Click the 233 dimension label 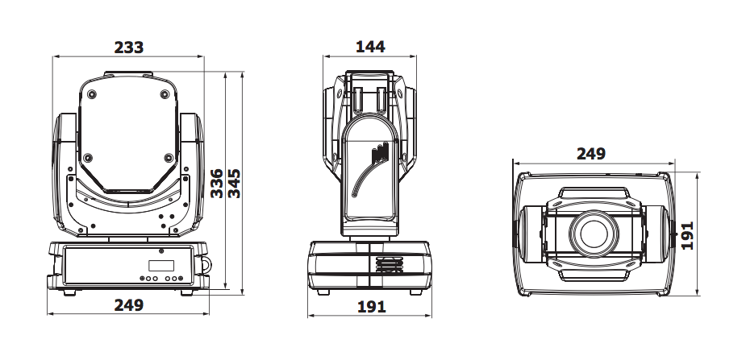click(x=129, y=47)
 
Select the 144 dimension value click(x=370, y=47)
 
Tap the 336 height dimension click(x=216, y=183)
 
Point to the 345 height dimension click(x=234, y=183)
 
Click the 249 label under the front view click(x=129, y=305)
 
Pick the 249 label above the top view click(x=591, y=154)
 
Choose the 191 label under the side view click(x=371, y=307)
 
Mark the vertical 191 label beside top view click(x=687, y=235)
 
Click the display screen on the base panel click(x=161, y=265)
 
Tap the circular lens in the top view click(x=594, y=234)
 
